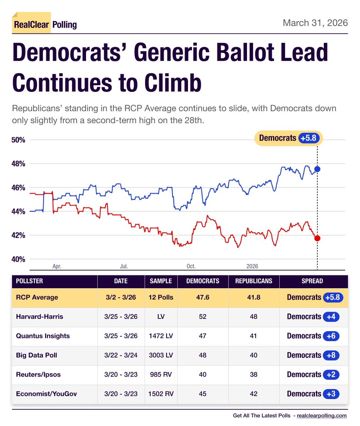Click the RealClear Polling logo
pos(45,24)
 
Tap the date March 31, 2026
pos(315,23)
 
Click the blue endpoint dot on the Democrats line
pos(317,169)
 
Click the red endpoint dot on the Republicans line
pos(317,238)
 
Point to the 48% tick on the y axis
pos(19,164)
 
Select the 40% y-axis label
pos(19,260)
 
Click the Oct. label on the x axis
pos(191,266)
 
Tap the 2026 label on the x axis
pos(252,266)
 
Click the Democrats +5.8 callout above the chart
pos(288,138)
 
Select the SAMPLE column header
pos(161,281)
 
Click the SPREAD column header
pos(312,281)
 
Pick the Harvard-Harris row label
pos(39,317)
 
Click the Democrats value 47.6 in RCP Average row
pos(203,297)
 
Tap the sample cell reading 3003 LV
pos(161,355)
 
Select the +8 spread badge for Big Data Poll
pos(331,355)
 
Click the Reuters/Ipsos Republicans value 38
pos(253,375)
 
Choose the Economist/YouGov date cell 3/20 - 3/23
pos(121,394)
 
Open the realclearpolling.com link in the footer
pos(322,416)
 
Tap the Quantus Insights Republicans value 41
pos(253,336)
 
